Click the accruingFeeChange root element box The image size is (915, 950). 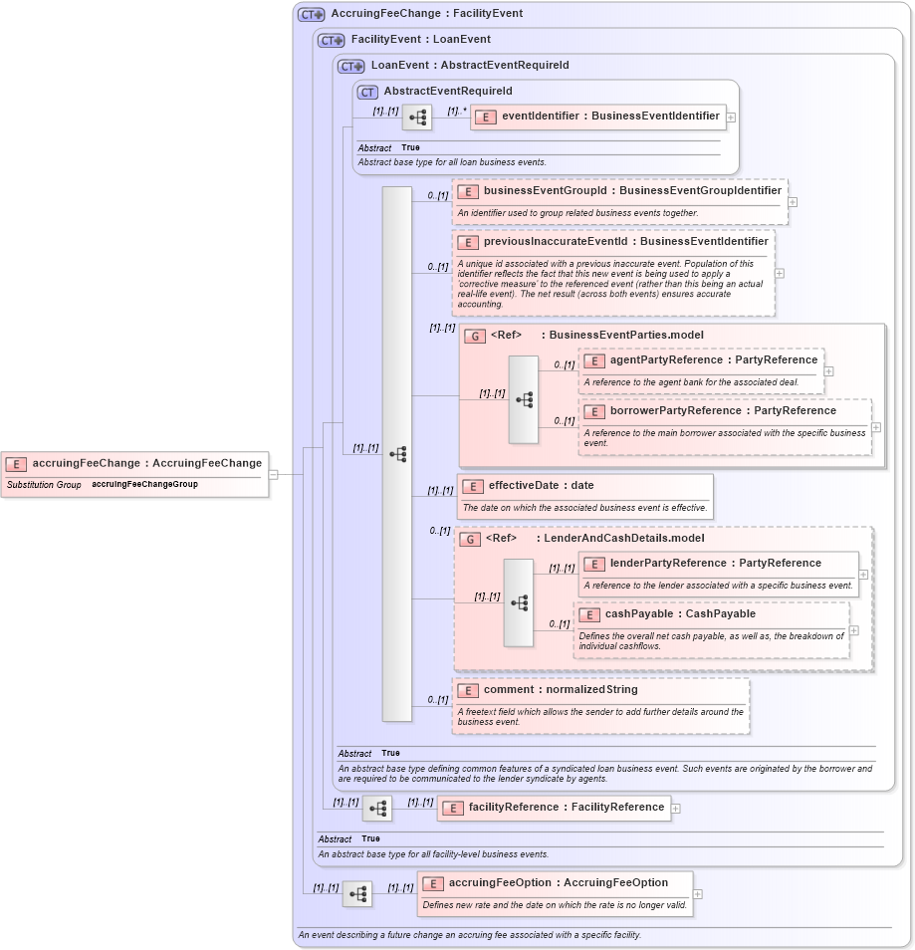135,463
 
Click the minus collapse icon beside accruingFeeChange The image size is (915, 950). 273,474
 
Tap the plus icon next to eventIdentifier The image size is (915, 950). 731,117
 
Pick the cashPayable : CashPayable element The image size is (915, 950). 680,613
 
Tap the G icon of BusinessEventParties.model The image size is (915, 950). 475,336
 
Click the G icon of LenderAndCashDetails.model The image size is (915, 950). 470,539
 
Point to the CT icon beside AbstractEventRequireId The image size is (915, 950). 367,92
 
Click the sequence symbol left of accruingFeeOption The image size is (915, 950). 357,894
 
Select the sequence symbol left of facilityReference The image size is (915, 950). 377,808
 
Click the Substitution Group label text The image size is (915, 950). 44,485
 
